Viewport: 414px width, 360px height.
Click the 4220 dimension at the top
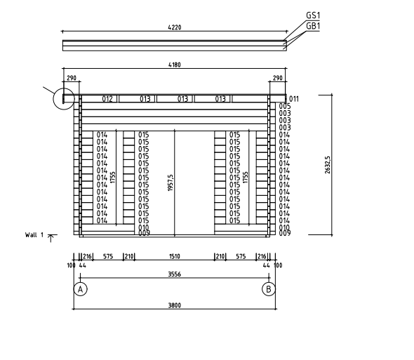[175, 27]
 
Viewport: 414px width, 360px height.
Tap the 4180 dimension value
[175, 65]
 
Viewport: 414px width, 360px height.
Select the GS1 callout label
[313, 15]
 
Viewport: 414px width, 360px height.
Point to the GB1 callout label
[313, 26]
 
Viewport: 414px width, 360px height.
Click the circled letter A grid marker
[80, 289]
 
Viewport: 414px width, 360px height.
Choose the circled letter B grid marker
[269, 289]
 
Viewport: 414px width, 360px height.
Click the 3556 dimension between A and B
[175, 274]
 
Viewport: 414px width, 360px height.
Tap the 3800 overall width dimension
[175, 305]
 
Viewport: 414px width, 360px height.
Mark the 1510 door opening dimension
[175, 256]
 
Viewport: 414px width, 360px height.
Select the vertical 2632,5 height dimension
[328, 165]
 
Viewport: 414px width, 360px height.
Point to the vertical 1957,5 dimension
[171, 182]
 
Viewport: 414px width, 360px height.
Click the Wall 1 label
[34, 235]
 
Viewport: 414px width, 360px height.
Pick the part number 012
[107, 99]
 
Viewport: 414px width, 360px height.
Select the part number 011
[294, 99]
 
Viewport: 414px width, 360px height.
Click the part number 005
[285, 106]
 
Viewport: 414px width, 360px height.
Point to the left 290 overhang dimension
[72, 78]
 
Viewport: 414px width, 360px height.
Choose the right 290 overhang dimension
[277, 78]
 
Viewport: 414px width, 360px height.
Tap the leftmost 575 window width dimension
[108, 256]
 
